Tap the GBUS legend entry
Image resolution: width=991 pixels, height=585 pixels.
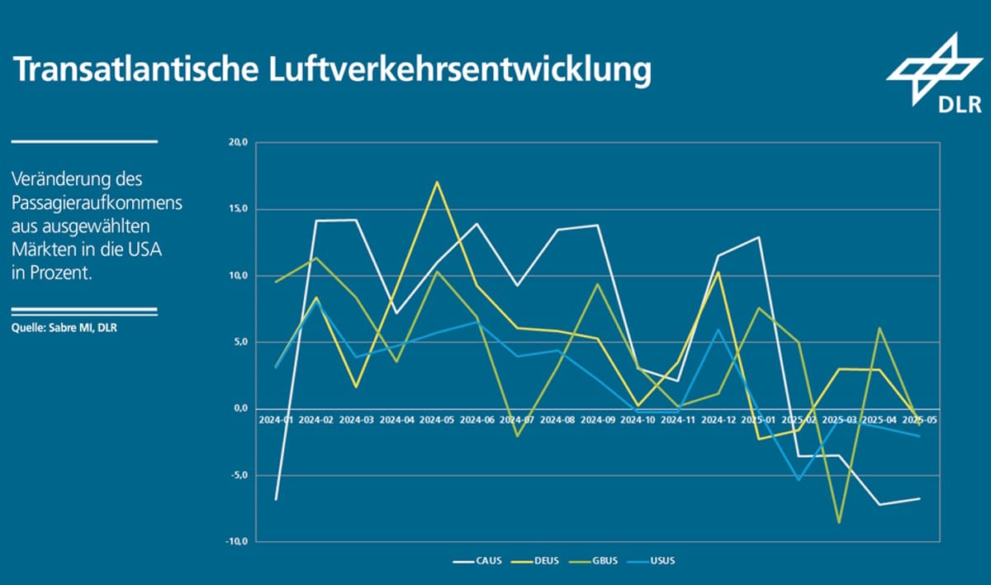pos(603,561)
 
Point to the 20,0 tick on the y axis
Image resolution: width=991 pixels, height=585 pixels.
pos(237,142)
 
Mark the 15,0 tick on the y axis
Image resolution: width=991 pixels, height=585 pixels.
pos(237,209)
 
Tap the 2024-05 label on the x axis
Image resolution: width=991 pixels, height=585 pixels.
pos(438,420)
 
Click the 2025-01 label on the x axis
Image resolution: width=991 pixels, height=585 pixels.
pos(759,420)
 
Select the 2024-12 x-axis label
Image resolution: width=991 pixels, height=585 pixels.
pos(718,420)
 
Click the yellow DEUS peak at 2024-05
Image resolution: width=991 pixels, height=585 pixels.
pos(437,181)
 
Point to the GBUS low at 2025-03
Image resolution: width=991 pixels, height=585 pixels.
pos(839,522)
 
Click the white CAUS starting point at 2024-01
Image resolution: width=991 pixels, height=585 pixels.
pos(276,500)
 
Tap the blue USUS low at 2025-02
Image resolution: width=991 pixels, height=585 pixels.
pos(799,479)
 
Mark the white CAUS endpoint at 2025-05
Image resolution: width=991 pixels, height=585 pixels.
pos(919,498)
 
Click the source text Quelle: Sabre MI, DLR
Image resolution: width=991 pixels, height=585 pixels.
pos(64,326)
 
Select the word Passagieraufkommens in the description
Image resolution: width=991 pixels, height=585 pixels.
pos(97,202)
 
